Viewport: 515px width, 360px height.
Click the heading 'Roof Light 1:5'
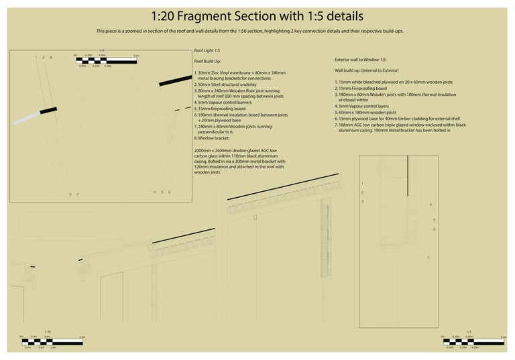click(x=207, y=52)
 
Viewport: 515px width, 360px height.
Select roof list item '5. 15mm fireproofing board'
click(x=220, y=109)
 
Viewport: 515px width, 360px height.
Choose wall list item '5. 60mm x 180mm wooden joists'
click(x=365, y=113)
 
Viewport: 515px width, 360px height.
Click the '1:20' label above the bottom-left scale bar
click(x=48, y=332)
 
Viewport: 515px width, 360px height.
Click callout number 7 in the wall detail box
click(x=428, y=257)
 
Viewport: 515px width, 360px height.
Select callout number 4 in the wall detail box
click(x=431, y=204)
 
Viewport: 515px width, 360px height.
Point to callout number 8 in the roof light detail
click(x=50, y=58)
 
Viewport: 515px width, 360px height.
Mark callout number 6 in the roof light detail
click(x=169, y=192)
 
